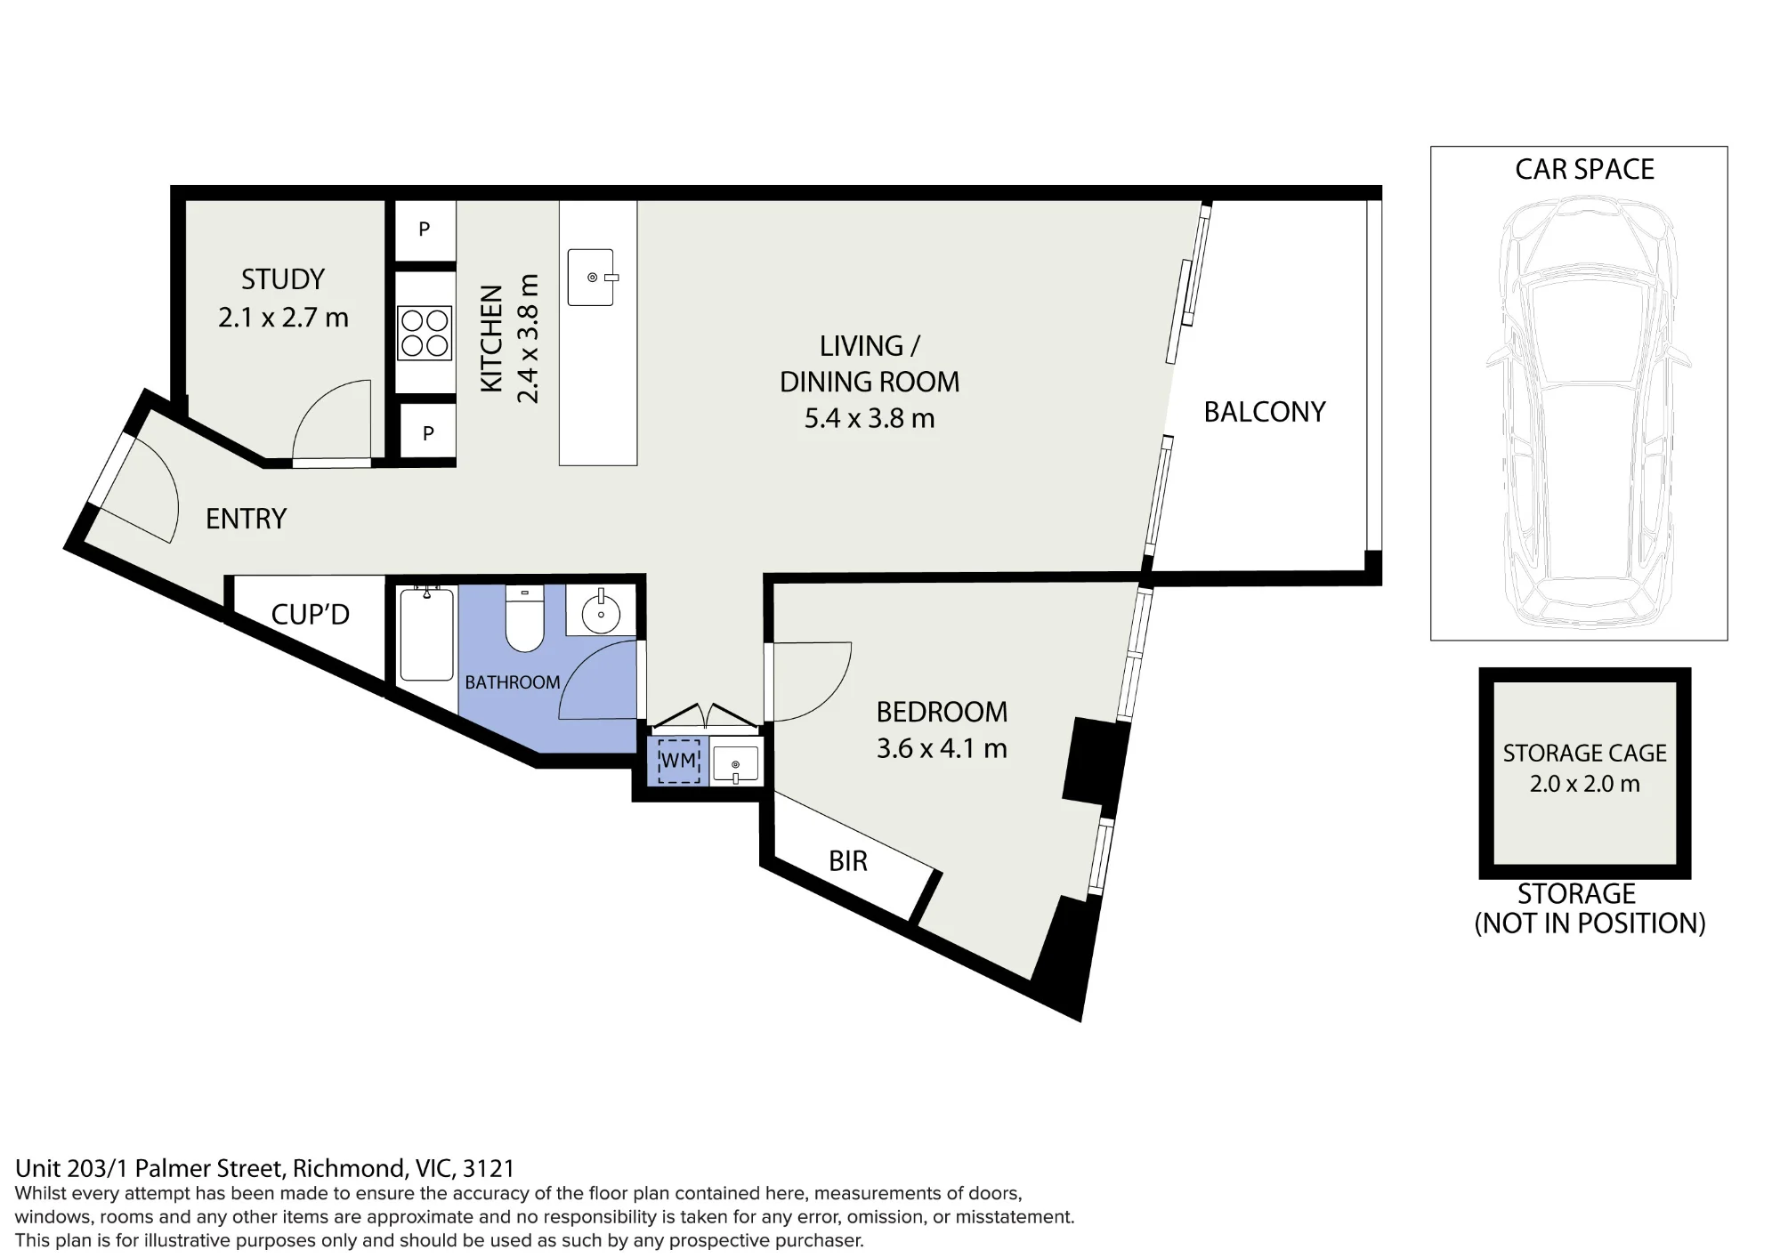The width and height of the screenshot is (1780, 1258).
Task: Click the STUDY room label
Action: (283, 279)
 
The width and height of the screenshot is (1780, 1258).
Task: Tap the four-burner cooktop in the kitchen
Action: (425, 332)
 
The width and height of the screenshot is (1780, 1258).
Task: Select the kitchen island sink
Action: (591, 277)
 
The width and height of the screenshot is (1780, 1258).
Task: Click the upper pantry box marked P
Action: (425, 230)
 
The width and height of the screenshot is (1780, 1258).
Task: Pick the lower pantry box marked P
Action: (427, 433)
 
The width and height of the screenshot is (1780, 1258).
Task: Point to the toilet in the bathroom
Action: (525, 617)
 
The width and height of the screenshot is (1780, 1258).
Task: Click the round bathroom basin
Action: (602, 611)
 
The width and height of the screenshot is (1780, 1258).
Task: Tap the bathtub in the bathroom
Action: (427, 633)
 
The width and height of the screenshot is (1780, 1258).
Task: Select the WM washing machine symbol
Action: (678, 761)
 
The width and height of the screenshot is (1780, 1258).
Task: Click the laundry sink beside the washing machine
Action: (735, 763)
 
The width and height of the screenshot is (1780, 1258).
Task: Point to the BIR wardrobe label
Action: (847, 861)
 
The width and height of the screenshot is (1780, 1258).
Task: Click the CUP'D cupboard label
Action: (310, 614)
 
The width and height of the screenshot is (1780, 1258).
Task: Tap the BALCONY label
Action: (1265, 412)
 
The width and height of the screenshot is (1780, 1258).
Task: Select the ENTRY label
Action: (246, 519)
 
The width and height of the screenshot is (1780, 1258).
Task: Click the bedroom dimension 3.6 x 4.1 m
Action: (942, 748)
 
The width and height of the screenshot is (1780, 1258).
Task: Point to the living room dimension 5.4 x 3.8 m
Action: (870, 418)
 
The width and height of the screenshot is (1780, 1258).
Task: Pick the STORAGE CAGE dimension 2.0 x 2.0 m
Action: (1584, 784)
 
